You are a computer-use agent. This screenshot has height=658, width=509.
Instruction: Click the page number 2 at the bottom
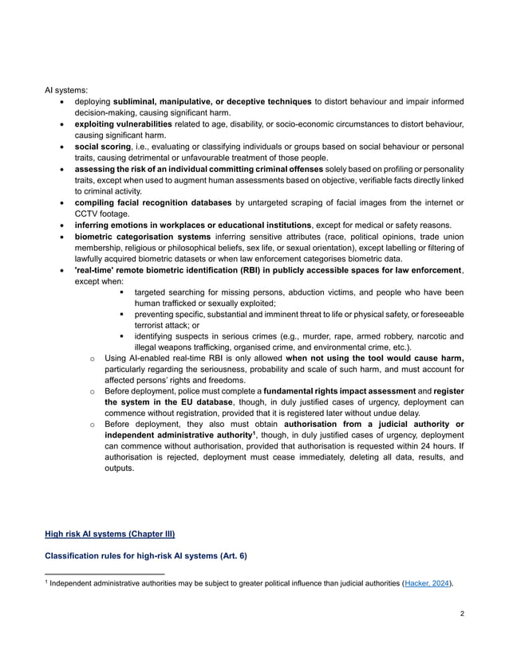(462, 614)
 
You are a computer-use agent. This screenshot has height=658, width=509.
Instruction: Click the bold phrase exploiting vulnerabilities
(123, 125)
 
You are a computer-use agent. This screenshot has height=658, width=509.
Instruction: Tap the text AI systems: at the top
(65, 91)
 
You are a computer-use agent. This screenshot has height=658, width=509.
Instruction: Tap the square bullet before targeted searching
(122, 292)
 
